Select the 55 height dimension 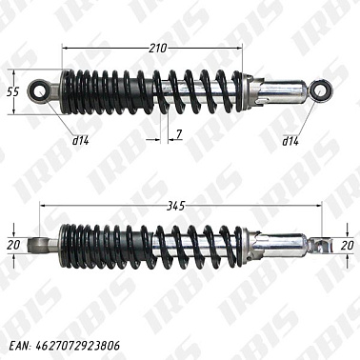pyautogui.click(x=12, y=92)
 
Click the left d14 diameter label pyautogui.click(x=82, y=141)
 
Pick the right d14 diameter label pyautogui.click(x=290, y=141)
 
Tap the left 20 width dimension pyautogui.click(x=12, y=245)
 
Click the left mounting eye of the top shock pyautogui.click(x=41, y=91)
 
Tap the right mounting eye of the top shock pyautogui.click(x=319, y=91)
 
